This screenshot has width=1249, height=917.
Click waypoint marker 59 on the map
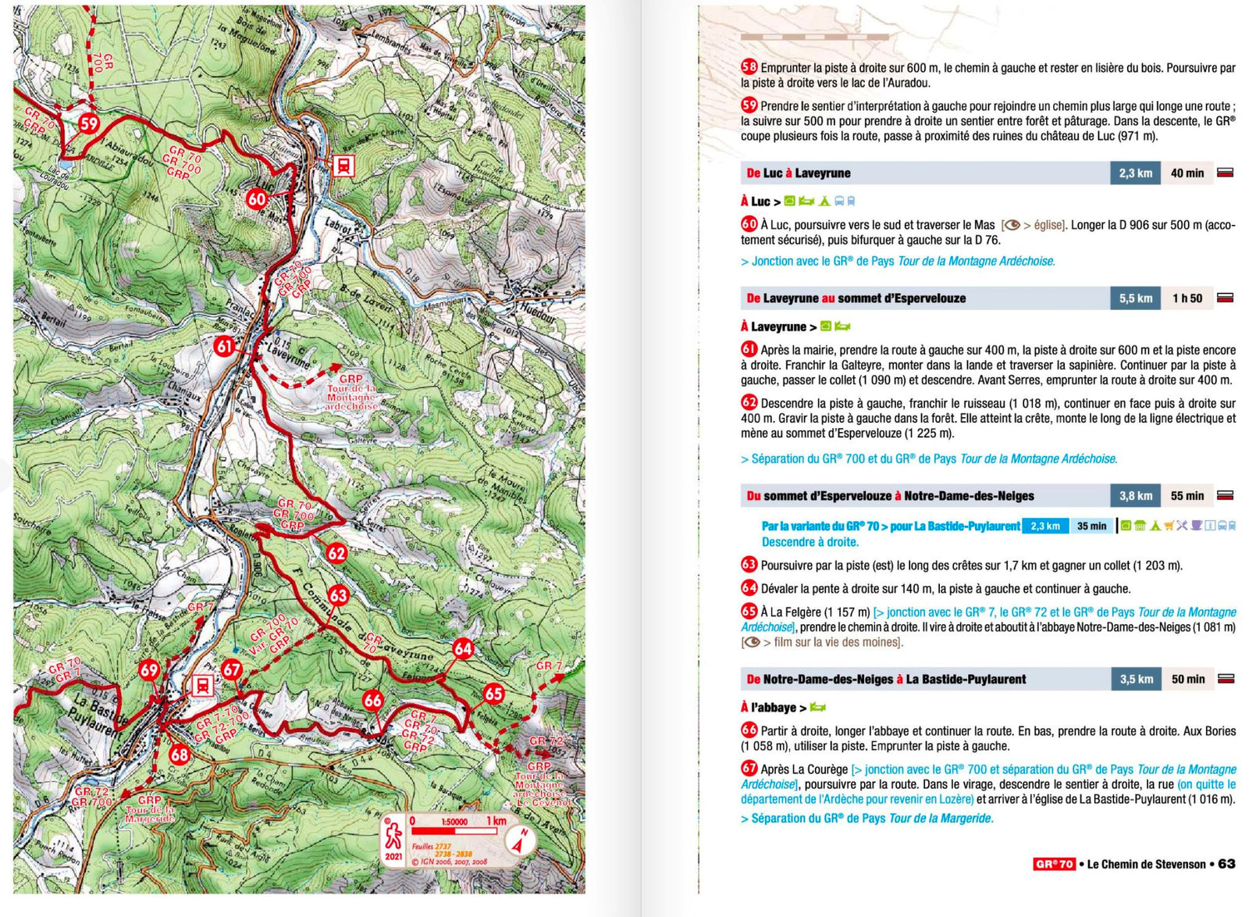(x=89, y=123)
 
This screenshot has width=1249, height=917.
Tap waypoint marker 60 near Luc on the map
(x=256, y=198)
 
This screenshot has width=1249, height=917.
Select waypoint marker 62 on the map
(x=336, y=553)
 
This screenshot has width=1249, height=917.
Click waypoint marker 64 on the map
(x=463, y=648)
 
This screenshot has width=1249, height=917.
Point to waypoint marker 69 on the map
(x=149, y=669)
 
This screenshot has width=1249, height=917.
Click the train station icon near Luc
(x=343, y=166)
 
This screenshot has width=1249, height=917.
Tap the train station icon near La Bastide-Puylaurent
(x=202, y=686)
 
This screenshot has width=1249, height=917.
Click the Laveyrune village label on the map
(x=287, y=355)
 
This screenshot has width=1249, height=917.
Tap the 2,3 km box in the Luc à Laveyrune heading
(x=1135, y=173)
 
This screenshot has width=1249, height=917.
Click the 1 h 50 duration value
(x=1187, y=298)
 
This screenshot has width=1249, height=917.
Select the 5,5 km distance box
(x=1135, y=298)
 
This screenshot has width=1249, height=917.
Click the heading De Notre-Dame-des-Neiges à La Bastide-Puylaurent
(x=886, y=680)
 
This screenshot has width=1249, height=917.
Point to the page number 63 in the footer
(x=1226, y=864)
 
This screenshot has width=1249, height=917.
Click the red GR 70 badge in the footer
(x=1054, y=864)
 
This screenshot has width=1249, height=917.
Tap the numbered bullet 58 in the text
(x=749, y=68)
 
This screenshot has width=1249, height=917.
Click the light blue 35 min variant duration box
(x=1091, y=526)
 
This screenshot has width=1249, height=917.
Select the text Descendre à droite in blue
(x=810, y=542)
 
